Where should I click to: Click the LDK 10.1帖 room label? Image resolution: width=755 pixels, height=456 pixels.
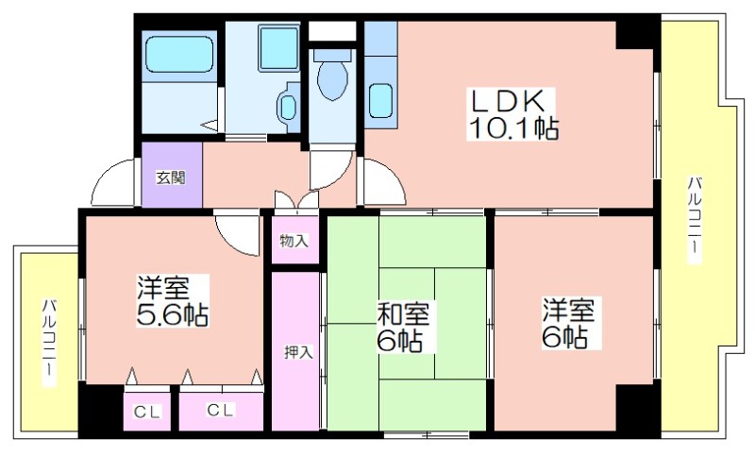click(x=512, y=114)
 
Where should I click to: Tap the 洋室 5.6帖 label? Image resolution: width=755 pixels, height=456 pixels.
click(x=173, y=301)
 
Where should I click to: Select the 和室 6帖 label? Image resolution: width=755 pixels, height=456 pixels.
click(x=403, y=328)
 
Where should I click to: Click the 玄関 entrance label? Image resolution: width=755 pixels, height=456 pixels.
click(x=171, y=178)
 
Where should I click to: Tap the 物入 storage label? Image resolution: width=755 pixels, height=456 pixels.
click(x=294, y=241)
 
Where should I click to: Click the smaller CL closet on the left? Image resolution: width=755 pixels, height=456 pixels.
click(x=147, y=413)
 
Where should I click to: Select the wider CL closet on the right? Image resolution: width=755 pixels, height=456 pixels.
click(x=221, y=411)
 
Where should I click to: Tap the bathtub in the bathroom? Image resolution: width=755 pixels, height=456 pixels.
click(x=179, y=54)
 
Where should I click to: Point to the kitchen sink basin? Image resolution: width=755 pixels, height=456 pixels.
click(x=380, y=101)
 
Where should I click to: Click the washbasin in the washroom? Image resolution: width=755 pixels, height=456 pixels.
click(x=288, y=107)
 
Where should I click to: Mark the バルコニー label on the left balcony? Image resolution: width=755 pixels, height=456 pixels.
click(x=49, y=342)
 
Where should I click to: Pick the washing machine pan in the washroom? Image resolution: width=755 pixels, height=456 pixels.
click(x=279, y=48)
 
